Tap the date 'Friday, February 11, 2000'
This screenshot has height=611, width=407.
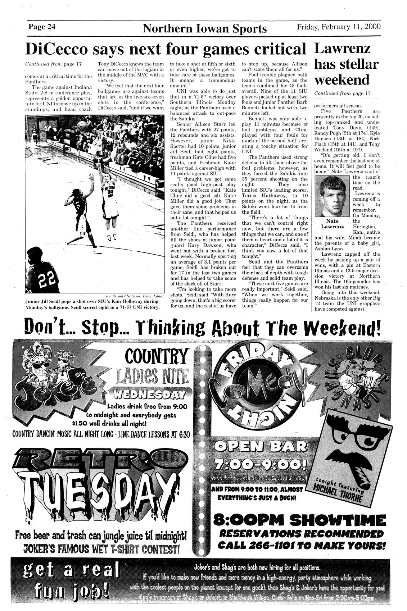pos(339,27)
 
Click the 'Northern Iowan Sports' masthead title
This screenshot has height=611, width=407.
pos(205,28)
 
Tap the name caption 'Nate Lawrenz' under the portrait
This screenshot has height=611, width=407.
pos(333,224)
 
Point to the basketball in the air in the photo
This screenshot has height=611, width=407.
pos(82,125)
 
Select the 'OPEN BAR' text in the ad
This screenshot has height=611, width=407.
pos(259,447)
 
